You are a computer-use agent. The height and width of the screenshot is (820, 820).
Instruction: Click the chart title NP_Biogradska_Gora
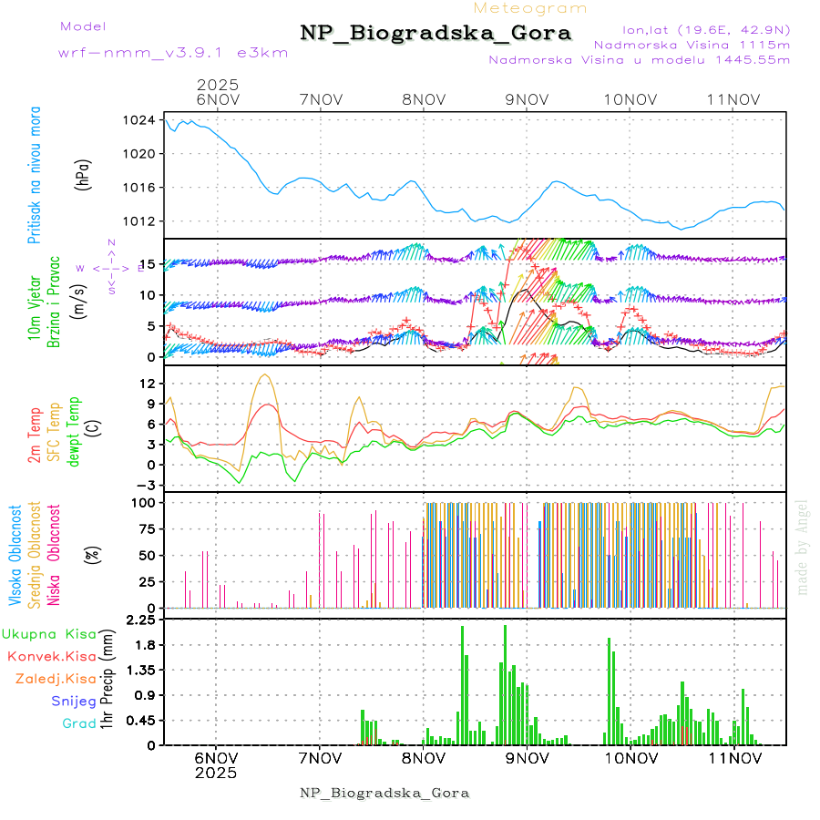click(436, 34)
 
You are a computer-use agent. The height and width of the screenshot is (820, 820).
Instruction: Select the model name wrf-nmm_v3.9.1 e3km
click(173, 53)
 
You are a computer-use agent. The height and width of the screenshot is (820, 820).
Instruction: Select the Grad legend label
click(78, 723)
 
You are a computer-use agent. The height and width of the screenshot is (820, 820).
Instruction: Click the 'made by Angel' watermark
click(802, 547)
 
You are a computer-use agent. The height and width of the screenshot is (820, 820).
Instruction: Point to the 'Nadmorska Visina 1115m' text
click(692, 44)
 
